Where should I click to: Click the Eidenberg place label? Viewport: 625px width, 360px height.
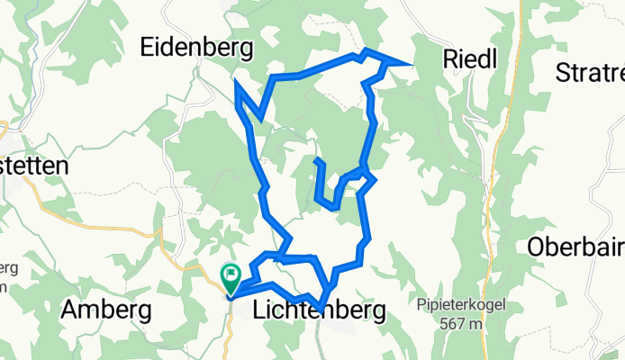pyautogui.click(x=196, y=48)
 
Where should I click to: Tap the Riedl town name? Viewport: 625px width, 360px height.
pyautogui.click(x=470, y=58)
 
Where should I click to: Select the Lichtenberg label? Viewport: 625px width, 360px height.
pyautogui.click(x=320, y=310)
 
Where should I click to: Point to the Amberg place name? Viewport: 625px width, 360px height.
pyautogui.click(x=105, y=310)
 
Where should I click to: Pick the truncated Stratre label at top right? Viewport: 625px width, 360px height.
pyautogui.click(x=590, y=71)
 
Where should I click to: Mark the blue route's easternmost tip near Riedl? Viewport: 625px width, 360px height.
pyautogui.click(x=412, y=66)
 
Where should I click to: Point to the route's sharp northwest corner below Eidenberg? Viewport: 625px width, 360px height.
pyautogui.click(x=236, y=82)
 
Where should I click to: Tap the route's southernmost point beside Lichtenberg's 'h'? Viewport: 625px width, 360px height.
pyautogui.click(x=321, y=309)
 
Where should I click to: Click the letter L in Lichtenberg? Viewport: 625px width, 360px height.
pyautogui.click(x=261, y=310)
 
